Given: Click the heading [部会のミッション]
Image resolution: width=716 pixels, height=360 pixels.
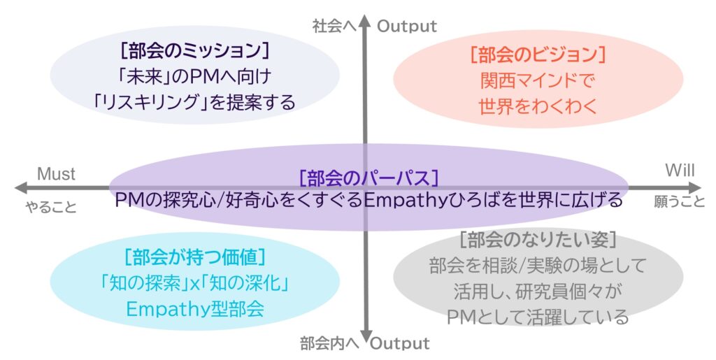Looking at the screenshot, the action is point(195,50).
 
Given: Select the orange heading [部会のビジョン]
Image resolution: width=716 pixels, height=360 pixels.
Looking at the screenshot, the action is point(538,55).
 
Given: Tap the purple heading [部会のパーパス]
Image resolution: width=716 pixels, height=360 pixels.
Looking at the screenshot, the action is point(368,178).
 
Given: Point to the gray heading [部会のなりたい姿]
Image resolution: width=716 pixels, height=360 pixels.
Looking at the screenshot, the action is point(538,240).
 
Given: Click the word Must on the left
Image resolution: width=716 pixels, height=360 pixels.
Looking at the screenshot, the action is point(56,174).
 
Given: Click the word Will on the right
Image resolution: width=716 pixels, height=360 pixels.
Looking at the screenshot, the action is point(680,170).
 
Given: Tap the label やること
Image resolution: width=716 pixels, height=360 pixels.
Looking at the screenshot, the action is point(50,207).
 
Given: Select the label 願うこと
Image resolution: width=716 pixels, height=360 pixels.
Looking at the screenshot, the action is point(680,201).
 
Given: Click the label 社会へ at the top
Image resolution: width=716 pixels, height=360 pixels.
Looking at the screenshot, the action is point(334,26).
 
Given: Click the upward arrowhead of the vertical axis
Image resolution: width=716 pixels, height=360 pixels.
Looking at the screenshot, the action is point(364,20).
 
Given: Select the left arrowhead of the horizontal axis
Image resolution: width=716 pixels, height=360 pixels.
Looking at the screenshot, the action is point(22,187).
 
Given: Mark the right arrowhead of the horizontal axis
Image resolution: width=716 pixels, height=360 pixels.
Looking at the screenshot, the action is point(694,187).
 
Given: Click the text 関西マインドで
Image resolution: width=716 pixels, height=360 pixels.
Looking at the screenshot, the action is point(538,81).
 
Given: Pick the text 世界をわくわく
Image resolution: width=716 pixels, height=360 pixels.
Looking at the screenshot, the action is point(538,106).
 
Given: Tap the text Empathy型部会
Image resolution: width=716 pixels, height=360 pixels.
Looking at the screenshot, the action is point(195,309).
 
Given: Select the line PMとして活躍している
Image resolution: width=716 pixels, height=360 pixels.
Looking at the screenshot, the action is point(538,317).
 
